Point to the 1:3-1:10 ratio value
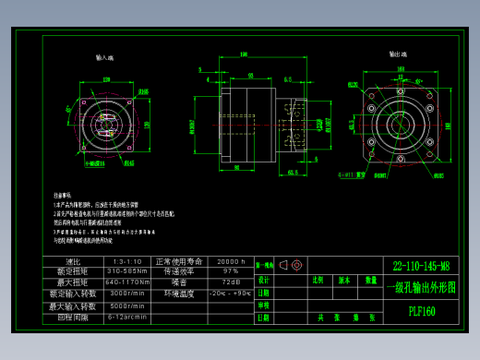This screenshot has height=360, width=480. tap(126, 261)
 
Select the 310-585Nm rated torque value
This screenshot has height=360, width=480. tap(127, 271)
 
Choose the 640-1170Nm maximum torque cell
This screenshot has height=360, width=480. tap(127, 282)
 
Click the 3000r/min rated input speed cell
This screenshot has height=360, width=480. tap(126, 294)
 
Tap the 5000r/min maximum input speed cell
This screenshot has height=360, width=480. tap(126, 305)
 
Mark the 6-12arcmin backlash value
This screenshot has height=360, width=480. tap(126, 316)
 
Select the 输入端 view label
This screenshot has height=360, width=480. tap(104, 57)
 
